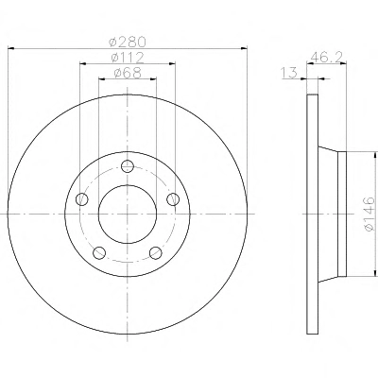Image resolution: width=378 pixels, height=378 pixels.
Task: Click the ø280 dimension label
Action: point(128,42)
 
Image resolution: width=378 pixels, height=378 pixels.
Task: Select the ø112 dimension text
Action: point(128,58)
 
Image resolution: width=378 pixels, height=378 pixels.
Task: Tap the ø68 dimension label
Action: point(128,73)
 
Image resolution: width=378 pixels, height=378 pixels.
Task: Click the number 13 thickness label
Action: point(289,73)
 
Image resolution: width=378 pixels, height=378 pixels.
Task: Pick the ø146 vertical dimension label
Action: point(369,215)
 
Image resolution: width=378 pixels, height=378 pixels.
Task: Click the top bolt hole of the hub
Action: point(128,165)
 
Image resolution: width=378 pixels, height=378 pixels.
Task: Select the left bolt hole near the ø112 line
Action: point(82,199)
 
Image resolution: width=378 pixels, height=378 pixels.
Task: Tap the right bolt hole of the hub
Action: point(173,199)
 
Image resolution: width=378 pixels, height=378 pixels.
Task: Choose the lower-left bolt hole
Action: point(99,252)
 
